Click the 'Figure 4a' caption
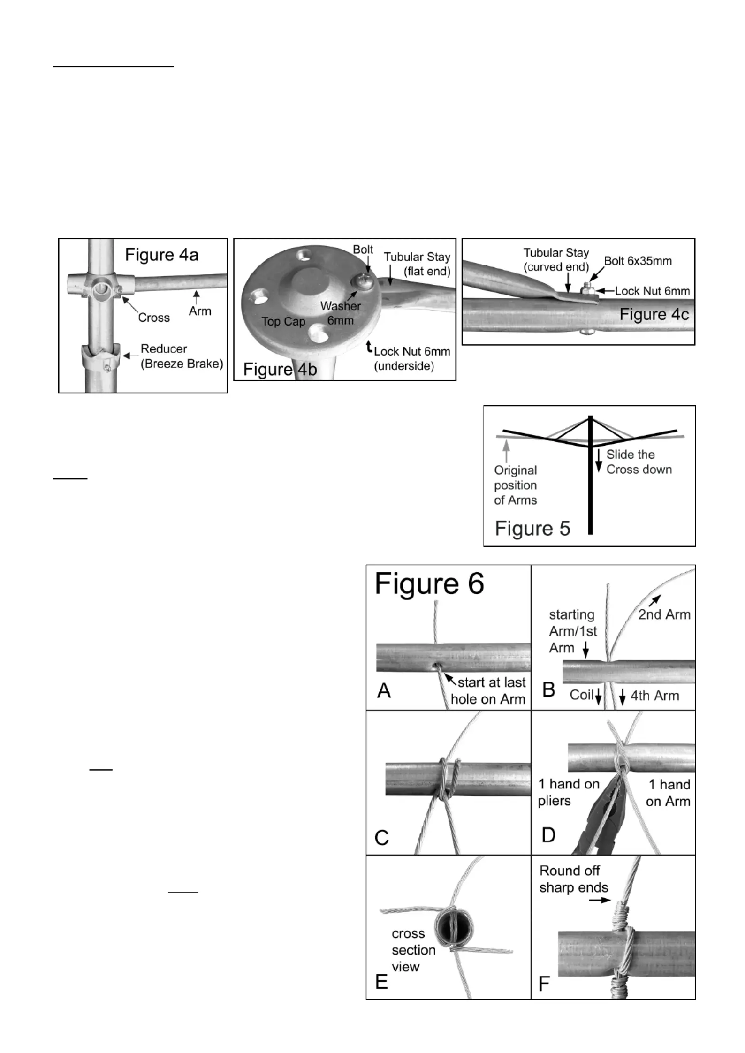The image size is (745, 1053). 161,255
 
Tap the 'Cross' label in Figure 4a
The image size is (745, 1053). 153,318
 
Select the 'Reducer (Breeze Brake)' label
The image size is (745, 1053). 182,356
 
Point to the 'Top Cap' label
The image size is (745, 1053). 283,321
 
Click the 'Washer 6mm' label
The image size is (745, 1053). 341,313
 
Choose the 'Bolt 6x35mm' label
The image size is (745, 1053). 638,261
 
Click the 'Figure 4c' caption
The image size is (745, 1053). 654,314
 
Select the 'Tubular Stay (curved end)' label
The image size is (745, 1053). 556,259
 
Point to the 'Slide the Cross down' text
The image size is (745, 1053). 639,462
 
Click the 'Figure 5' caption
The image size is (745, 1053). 532,528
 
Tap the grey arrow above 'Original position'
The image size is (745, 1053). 506,451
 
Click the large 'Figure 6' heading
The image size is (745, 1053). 429,584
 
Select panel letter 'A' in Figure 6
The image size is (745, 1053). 384,690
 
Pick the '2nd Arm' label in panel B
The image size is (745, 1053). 664,614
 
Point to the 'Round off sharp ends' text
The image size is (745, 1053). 573,879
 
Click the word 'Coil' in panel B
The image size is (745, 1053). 582,695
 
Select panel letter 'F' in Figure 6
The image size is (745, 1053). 544,983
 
